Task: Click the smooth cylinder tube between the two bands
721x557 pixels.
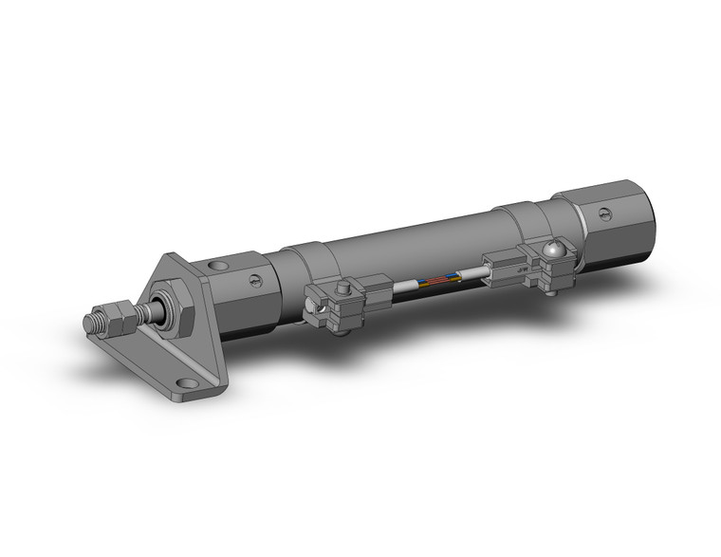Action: [417, 242]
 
